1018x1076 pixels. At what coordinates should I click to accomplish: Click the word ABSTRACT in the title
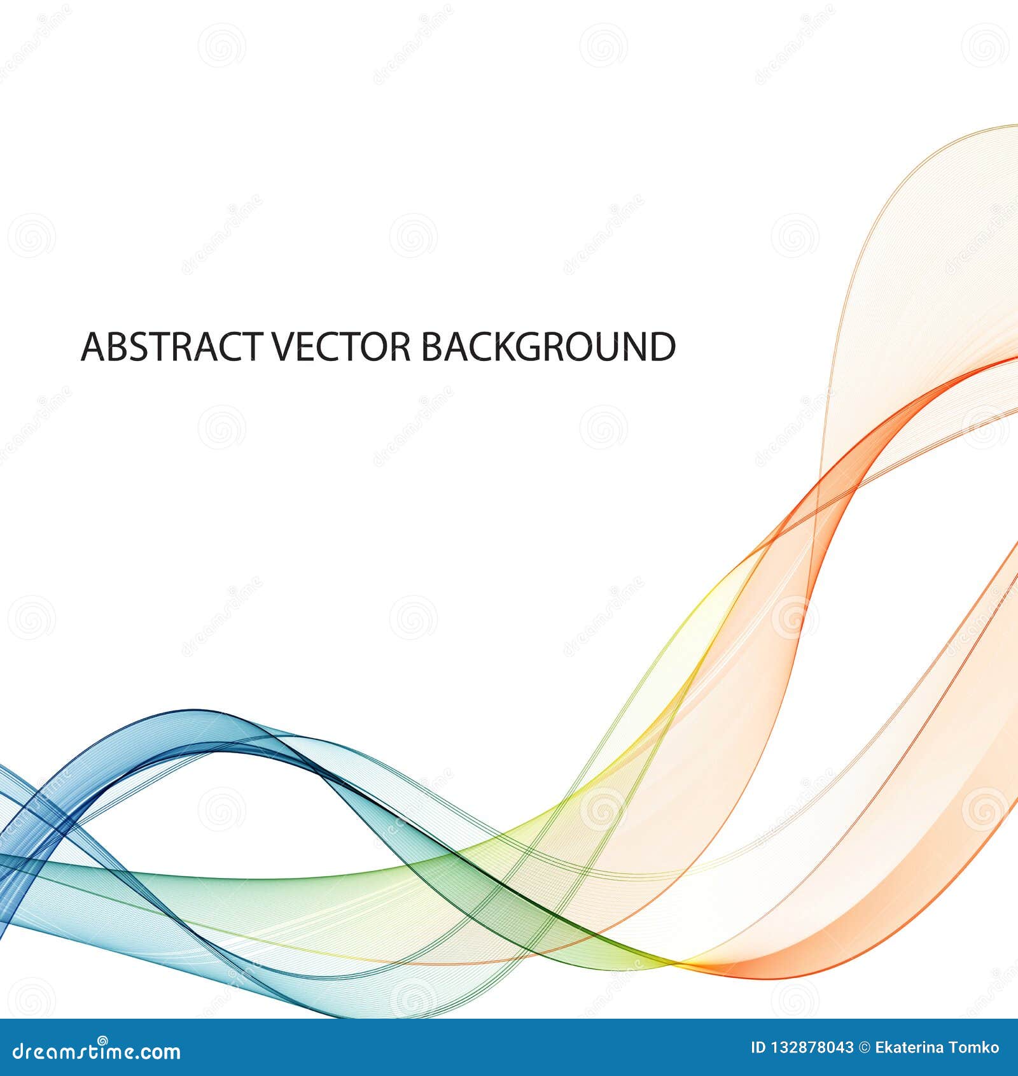(x=170, y=346)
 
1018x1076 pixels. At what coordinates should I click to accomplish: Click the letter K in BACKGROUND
(x=508, y=346)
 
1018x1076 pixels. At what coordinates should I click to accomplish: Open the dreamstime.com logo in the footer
(x=92, y=1051)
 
